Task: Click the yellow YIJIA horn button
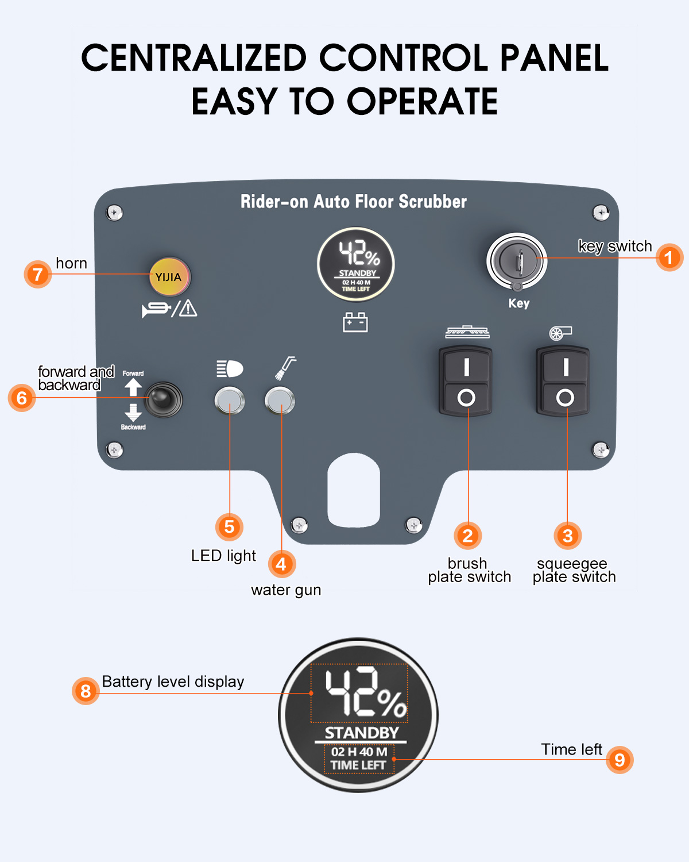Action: tap(170, 276)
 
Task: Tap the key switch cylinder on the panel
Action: tap(517, 261)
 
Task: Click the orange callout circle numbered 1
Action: tap(669, 257)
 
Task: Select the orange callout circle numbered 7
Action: tap(38, 274)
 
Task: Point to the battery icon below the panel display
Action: tap(355, 322)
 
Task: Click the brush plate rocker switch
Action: tap(466, 381)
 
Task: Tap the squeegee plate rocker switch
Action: tap(563, 381)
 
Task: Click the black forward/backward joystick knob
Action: tap(162, 399)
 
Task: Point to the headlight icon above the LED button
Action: tap(230, 368)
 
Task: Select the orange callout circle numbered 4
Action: tap(282, 564)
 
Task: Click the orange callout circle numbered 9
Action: tap(620, 760)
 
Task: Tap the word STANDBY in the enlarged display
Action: tap(362, 733)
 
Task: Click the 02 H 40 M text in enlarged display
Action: tap(359, 752)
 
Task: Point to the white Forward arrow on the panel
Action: tap(133, 387)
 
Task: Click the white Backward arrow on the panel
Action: tap(133, 413)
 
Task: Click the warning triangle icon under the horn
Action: tap(188, 309)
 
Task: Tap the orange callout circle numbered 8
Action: tap(86, 691)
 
